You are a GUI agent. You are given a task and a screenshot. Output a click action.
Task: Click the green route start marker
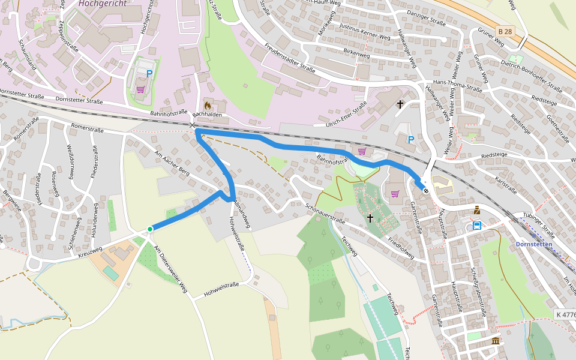coord(150,229)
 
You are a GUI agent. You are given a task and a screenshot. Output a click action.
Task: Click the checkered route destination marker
coord(425,191)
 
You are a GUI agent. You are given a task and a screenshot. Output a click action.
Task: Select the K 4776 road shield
coord(565,314)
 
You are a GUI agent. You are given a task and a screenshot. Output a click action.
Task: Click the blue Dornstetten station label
coord(534,244)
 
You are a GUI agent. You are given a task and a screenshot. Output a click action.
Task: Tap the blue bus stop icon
coord(477,226)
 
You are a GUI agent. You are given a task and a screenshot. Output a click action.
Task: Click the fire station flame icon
coord(208,105)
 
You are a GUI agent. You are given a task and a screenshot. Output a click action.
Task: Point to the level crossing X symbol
coord(192,125)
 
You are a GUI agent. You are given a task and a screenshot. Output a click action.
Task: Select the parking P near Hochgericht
coord(149,74)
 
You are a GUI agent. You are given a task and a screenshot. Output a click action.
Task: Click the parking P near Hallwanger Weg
coord(411,139)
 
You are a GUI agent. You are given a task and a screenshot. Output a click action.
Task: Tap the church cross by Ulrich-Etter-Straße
coord(400,104)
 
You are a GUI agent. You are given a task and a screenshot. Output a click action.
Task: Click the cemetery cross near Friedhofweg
coord(370,217)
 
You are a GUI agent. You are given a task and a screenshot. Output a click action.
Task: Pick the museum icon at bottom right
coord(495,341)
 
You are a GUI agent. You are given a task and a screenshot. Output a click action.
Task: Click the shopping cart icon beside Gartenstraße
coord(395,193)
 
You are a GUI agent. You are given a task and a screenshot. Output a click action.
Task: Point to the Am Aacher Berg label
coord(172,165)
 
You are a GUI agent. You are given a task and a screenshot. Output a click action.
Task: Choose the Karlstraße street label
coord(506,185)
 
